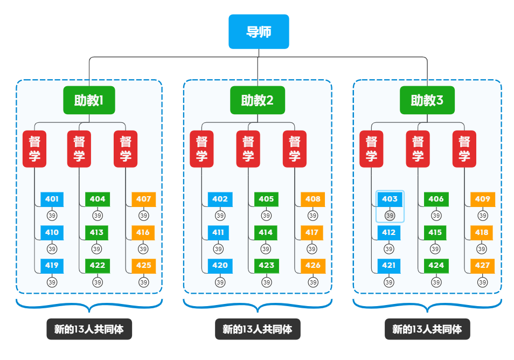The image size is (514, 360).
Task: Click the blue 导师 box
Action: tap(259, 32)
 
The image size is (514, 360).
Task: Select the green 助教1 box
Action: tap(89, 100)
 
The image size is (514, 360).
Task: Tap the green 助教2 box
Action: tap(257, 100)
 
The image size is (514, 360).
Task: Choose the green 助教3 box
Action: tap(427, 100)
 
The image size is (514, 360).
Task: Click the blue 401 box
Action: tap(52, 199)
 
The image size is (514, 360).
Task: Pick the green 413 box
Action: tap(97, 232)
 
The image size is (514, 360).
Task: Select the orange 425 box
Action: tap(143, 265)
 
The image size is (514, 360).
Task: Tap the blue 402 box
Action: tap(220, 199)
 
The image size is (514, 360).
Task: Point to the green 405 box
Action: tap(266, 199)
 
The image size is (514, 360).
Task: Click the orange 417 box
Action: tap(312, 232)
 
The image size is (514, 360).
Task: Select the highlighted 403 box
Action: tap(390, 199)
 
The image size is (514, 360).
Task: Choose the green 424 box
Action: tap(436, 265)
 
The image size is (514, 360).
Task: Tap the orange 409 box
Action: tap(482, 199)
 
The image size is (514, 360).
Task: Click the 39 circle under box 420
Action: tap(220, 282)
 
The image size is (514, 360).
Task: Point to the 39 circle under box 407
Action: tap(143, 216)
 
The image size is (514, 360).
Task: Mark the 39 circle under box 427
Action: tap(482, 282)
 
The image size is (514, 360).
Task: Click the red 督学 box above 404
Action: tap(79, 149)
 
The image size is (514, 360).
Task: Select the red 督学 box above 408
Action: tap(295, 149)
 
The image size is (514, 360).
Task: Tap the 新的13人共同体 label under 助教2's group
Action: tap(257, 329)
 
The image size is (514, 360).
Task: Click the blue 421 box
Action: tap(388, 265)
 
